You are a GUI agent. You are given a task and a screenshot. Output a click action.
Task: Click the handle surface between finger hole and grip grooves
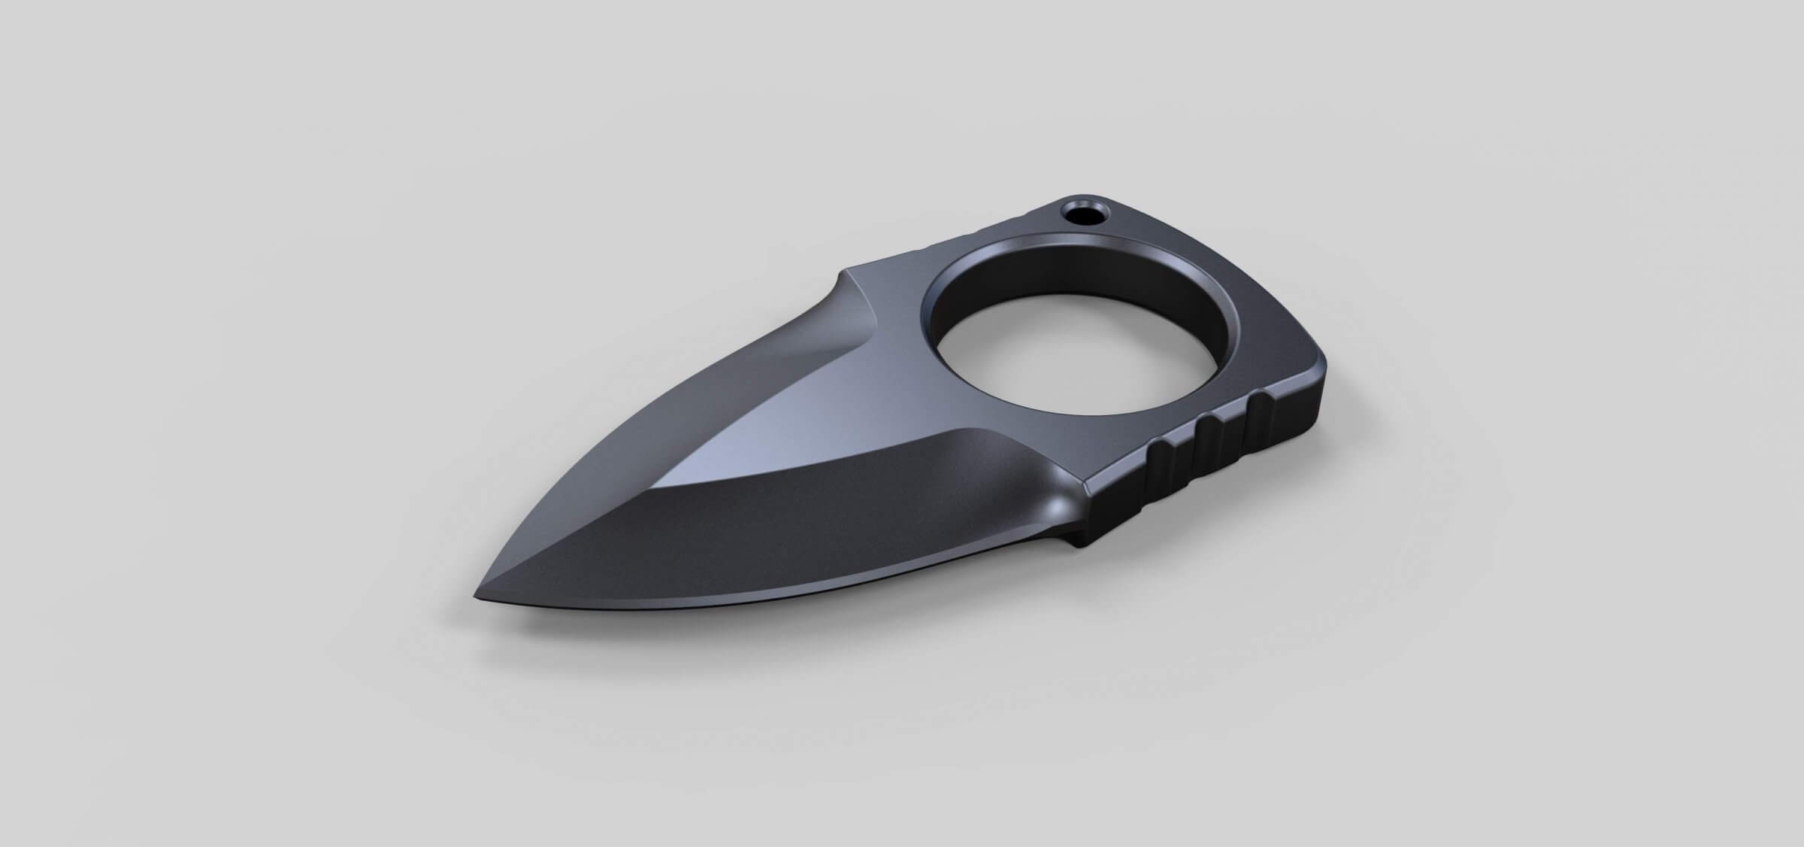point(1173,421)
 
